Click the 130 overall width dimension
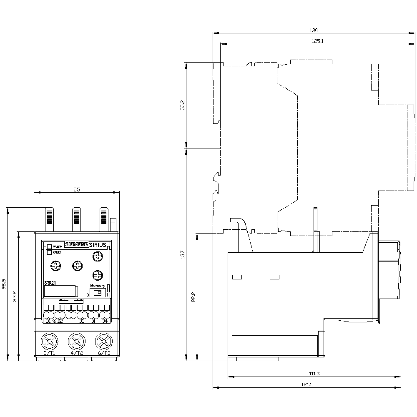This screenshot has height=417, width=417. click(x=314, y=30)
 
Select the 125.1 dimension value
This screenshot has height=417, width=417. click(x=318, y=41)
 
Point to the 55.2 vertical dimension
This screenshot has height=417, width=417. click(x=183, y=105)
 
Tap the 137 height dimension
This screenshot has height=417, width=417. click(x=182, y=254)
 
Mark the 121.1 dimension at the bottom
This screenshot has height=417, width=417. click(x=307, y=384)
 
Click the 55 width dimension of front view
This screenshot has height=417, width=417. click(x=76, y=189)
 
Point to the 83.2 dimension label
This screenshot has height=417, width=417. click(x=15, y=296)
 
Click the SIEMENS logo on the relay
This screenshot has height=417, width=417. click(x=75, y=245)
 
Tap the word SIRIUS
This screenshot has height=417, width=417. click(x=98, y=245)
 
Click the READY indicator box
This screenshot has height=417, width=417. click(x=49, y=247)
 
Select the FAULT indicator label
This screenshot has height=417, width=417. click(x=57, y=252)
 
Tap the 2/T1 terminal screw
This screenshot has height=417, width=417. click(x=49, y=342)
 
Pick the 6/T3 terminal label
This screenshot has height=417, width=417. click(x=104, y=353)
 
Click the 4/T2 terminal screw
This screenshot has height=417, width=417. click(x=76, y=342)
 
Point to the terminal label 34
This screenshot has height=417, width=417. click(x=105, y=321)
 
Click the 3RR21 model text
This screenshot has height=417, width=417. click(x=50, y=283)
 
